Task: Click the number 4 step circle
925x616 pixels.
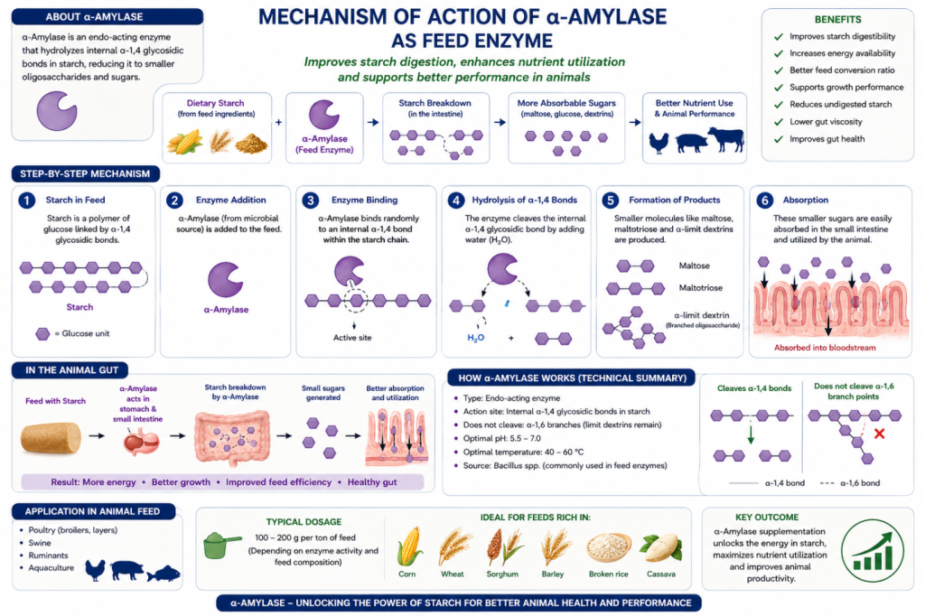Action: pos(456,200)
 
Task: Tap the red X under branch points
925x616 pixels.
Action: pos(879,434)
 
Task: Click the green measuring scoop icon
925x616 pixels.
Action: pos(222,545)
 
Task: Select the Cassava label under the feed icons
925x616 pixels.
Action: pos(660,574)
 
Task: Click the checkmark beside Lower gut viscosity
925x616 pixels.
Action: pos(778,122)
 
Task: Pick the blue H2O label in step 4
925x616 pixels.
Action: pos(475,338)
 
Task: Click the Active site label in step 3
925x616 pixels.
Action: pos(352,338)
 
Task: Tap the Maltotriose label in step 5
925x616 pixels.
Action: pos(700,288)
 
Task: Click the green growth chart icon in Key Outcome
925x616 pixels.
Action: pos(872,550)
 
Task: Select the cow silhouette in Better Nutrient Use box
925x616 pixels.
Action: pos(726,139)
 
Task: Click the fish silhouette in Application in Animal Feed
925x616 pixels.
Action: pos(164,573)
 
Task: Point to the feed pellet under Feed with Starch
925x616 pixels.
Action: pos(51,437)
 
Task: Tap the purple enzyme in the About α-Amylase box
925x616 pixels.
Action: pos(57,110)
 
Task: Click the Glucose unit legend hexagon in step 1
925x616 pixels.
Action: pos(42,334)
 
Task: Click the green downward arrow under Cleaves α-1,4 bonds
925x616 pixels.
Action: pos(751,434)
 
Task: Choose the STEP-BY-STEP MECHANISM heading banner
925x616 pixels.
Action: pos(85,173)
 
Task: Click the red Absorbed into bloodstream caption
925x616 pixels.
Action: pos(825,348)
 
